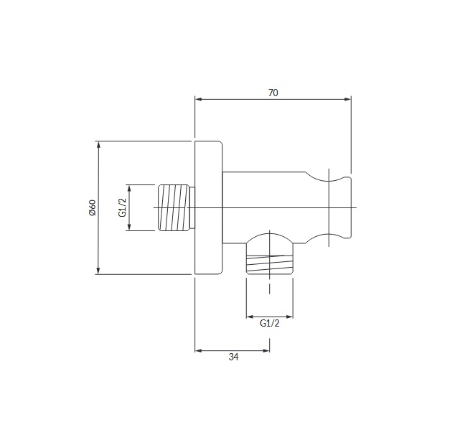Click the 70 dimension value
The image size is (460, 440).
[273, 93]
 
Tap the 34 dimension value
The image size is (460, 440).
[233, 357]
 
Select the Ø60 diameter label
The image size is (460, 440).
[92, 207]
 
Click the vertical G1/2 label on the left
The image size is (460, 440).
[122, 207]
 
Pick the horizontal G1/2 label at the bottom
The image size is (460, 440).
[270, 323]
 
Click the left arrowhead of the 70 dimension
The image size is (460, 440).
[198, 99]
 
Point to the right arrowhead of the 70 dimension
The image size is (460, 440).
[347, 99]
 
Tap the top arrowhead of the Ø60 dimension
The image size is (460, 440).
[98, 144]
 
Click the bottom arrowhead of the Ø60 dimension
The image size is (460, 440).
[98, 271]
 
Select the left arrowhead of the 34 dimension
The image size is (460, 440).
[198, 350]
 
